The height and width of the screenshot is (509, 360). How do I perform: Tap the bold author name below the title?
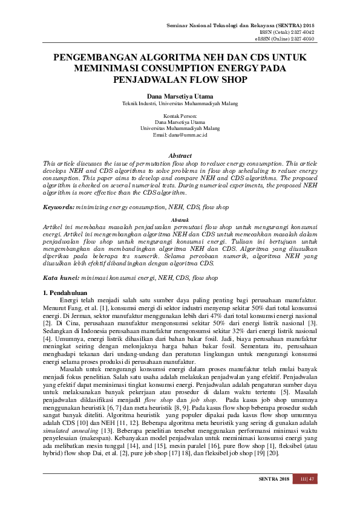click(x=180, y=96)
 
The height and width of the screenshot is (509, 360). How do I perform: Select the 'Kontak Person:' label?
click(x=180, y=115)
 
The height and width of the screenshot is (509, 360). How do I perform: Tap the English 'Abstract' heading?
click(x=180, y=155)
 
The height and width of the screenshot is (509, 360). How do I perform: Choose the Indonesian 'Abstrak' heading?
click(x=180, y=219)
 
